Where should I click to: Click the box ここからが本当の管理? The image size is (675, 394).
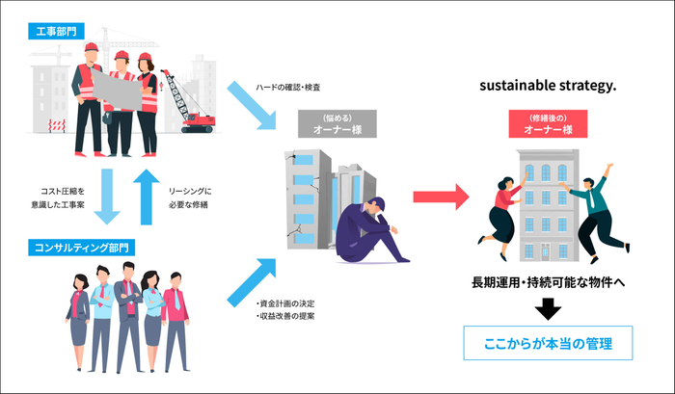(x=547, y=342)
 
